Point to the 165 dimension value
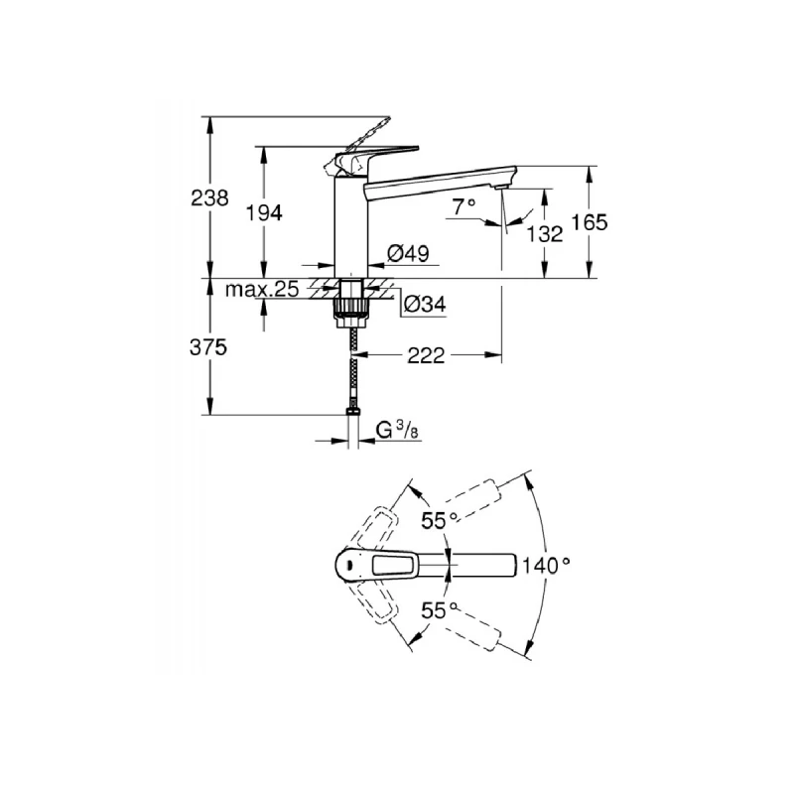pos(589,223)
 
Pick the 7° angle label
pos(463,206)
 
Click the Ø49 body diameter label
pos(408,255)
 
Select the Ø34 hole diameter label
pos(424,305)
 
